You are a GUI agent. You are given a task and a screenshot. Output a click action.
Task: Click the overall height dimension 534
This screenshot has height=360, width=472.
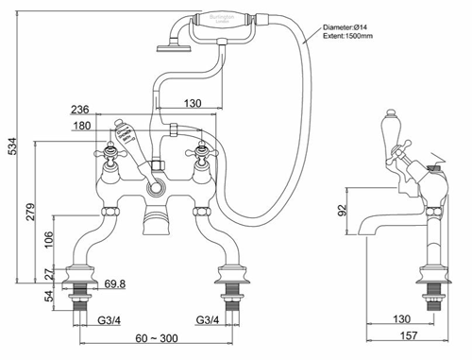pyautogui.click(x=10, y=147)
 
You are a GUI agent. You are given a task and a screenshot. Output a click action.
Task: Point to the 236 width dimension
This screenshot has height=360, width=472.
pyautogui.click(x=81, y=109)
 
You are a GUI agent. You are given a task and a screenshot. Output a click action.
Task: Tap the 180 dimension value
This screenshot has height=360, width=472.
pyautogui.click(x=81, y=125)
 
